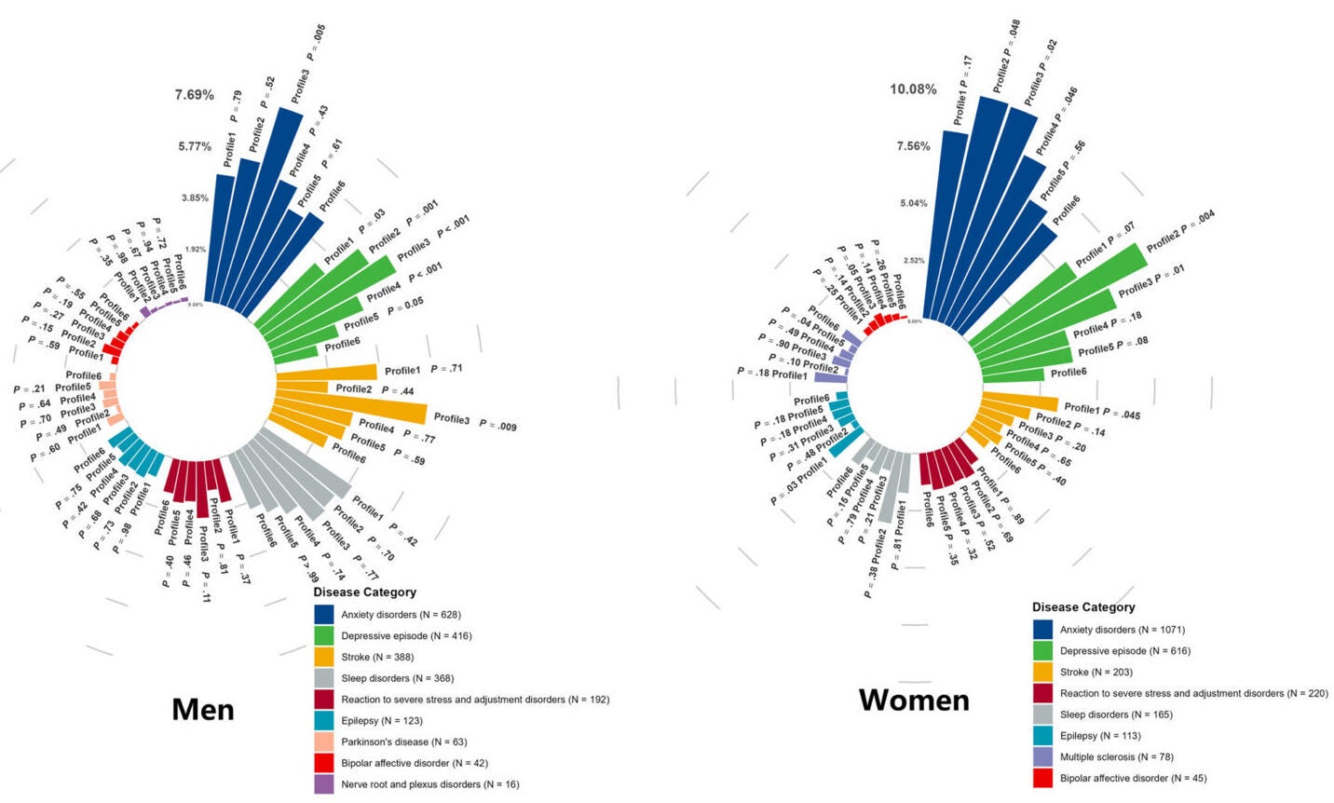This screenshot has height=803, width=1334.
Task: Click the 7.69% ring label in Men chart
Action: (x=194, y=95)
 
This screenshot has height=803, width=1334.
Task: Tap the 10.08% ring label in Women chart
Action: (x=913, y=89)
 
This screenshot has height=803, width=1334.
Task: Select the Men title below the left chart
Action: (x=203, y=710)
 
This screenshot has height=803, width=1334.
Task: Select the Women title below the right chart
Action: (x=914, y=700)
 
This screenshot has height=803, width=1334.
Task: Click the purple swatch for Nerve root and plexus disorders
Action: (x=324, y=784)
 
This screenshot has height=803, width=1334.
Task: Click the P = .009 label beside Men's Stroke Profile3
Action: (x=497, y=426)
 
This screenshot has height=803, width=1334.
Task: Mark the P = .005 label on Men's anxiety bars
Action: (x=317, y=43)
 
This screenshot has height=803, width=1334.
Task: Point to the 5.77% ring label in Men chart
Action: (x=196, y=146)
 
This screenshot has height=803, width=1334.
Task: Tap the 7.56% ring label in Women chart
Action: (x=913, y=146)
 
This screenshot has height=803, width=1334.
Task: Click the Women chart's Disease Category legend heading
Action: (x=1083, y=607)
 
